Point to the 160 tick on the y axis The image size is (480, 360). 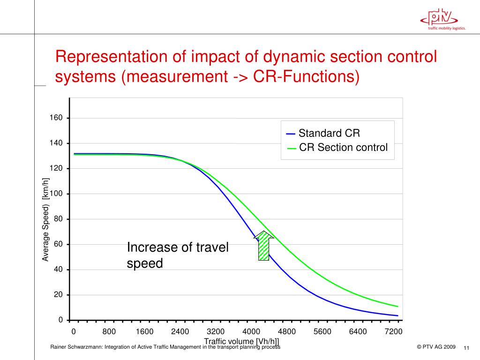tap(56, 118)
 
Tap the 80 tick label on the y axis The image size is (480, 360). tap(58, 219)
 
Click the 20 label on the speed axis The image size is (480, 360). tap(58, 295)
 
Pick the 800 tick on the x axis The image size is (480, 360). tap(109, 332)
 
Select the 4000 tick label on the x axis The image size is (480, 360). tap(251, 332)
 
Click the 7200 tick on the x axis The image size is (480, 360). tap(394, 332)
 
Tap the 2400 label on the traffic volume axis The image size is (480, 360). tap(180, 332)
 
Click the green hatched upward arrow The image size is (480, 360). tap(264, 246)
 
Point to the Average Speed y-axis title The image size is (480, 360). tap(45, 219)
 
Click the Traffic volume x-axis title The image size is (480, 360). tap(241, 341)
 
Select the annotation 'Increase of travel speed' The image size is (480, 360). tap(178, 255)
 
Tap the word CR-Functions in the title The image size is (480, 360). tap(307, 76)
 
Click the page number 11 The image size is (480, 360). tap(466, 348)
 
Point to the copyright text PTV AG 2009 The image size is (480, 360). tap(436, 347)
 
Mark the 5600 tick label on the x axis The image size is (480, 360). tap(322, 332)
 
